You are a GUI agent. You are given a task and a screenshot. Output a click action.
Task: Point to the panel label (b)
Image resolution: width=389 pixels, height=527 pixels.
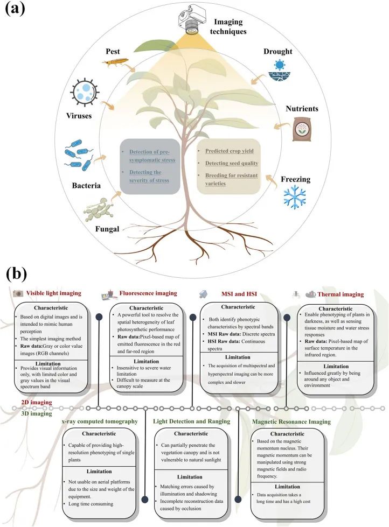pos(20,275)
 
